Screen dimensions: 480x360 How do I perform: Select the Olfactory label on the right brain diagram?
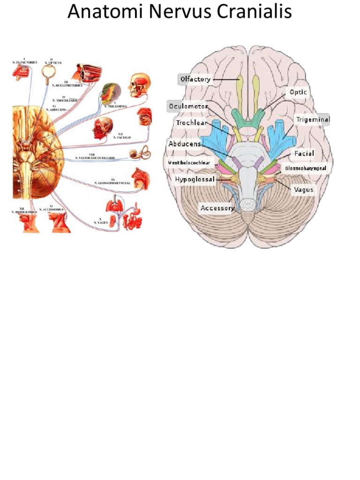pyautogui.click(x=195, y=79)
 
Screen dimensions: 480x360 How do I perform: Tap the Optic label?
pyautogui.click(x=298, y=92)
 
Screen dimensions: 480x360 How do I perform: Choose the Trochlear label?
pyautogui.click(x=191, y=123)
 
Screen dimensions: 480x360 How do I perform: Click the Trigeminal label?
pyautogui.click(x=313, y=120)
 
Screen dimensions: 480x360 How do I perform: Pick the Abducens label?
pyautogui.click(x=185, y=144)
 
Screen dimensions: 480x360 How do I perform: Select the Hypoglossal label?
pyautogui.click(x=195, y=179)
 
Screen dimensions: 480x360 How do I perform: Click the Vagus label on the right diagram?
pyautogui.click(x=304, y=190)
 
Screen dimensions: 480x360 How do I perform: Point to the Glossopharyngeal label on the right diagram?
pyautogui.click(x=306, y=167)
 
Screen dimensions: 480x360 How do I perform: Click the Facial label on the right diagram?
pyautogui.click(x=304, y=153)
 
